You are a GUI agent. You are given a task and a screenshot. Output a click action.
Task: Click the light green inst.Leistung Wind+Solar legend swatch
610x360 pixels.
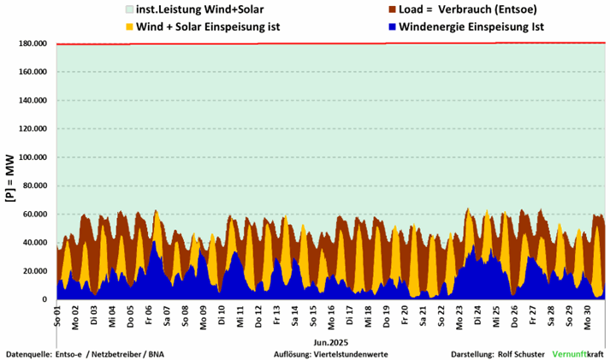pyautogui.click(x=128, y=10)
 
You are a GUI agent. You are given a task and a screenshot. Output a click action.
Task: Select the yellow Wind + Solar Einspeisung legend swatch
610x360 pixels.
pyautogui.click(x=128, y=27)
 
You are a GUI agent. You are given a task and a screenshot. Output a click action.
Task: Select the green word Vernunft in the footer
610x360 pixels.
pyautogui.click(x=572, y=353)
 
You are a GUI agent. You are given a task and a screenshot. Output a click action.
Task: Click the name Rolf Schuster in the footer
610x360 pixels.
pyautogui.click(x=520, y=353)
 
